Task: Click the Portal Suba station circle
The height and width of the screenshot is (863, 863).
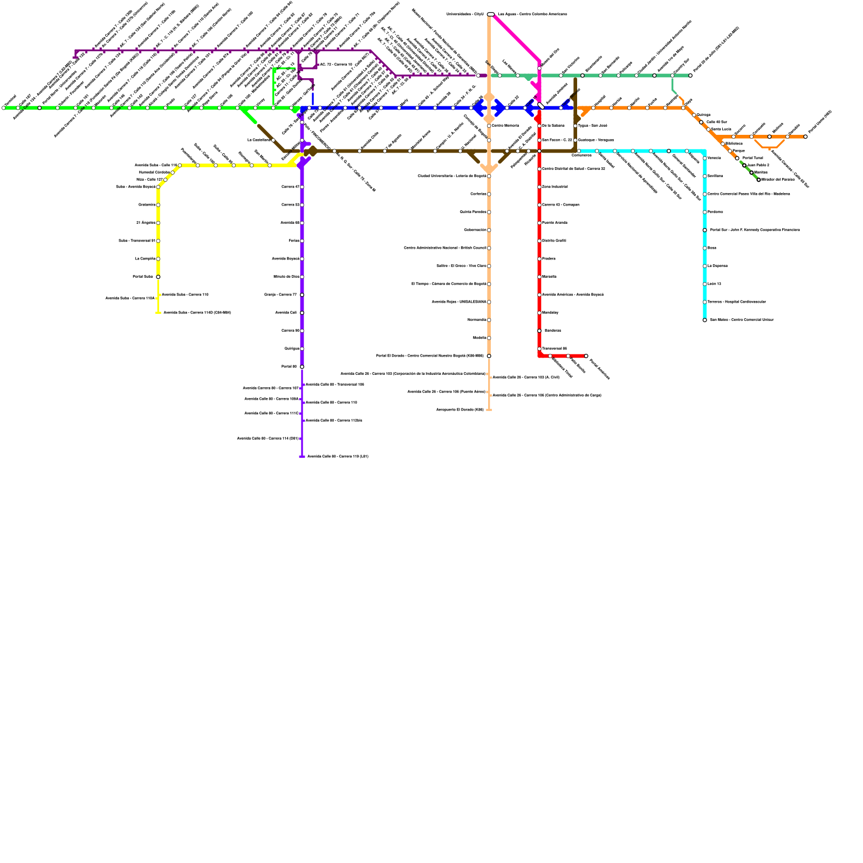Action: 158,277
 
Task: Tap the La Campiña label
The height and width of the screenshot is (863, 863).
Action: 145,259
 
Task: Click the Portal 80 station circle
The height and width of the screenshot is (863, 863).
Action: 302,367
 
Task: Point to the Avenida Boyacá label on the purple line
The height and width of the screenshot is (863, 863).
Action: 285,259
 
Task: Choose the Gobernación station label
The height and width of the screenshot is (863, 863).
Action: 475,230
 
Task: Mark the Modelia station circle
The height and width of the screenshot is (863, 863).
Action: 489,338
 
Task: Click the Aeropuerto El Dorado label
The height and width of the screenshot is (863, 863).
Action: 460,410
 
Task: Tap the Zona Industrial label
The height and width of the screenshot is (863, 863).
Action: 554,187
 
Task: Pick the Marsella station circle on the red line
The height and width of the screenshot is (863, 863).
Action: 539,277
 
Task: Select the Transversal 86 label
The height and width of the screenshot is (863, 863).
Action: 554,349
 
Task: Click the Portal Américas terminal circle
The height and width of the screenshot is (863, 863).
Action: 586,356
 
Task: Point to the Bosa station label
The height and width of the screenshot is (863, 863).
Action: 712,248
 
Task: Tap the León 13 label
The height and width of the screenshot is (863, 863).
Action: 714,284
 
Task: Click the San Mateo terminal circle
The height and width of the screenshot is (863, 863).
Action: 704,320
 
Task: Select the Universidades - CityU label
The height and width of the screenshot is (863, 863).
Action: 465,14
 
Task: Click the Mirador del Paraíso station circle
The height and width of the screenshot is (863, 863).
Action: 758,180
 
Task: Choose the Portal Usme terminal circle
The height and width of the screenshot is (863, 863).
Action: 806,137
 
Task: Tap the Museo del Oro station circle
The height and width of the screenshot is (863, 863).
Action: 539,69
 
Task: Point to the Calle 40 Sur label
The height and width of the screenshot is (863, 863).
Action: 717,122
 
